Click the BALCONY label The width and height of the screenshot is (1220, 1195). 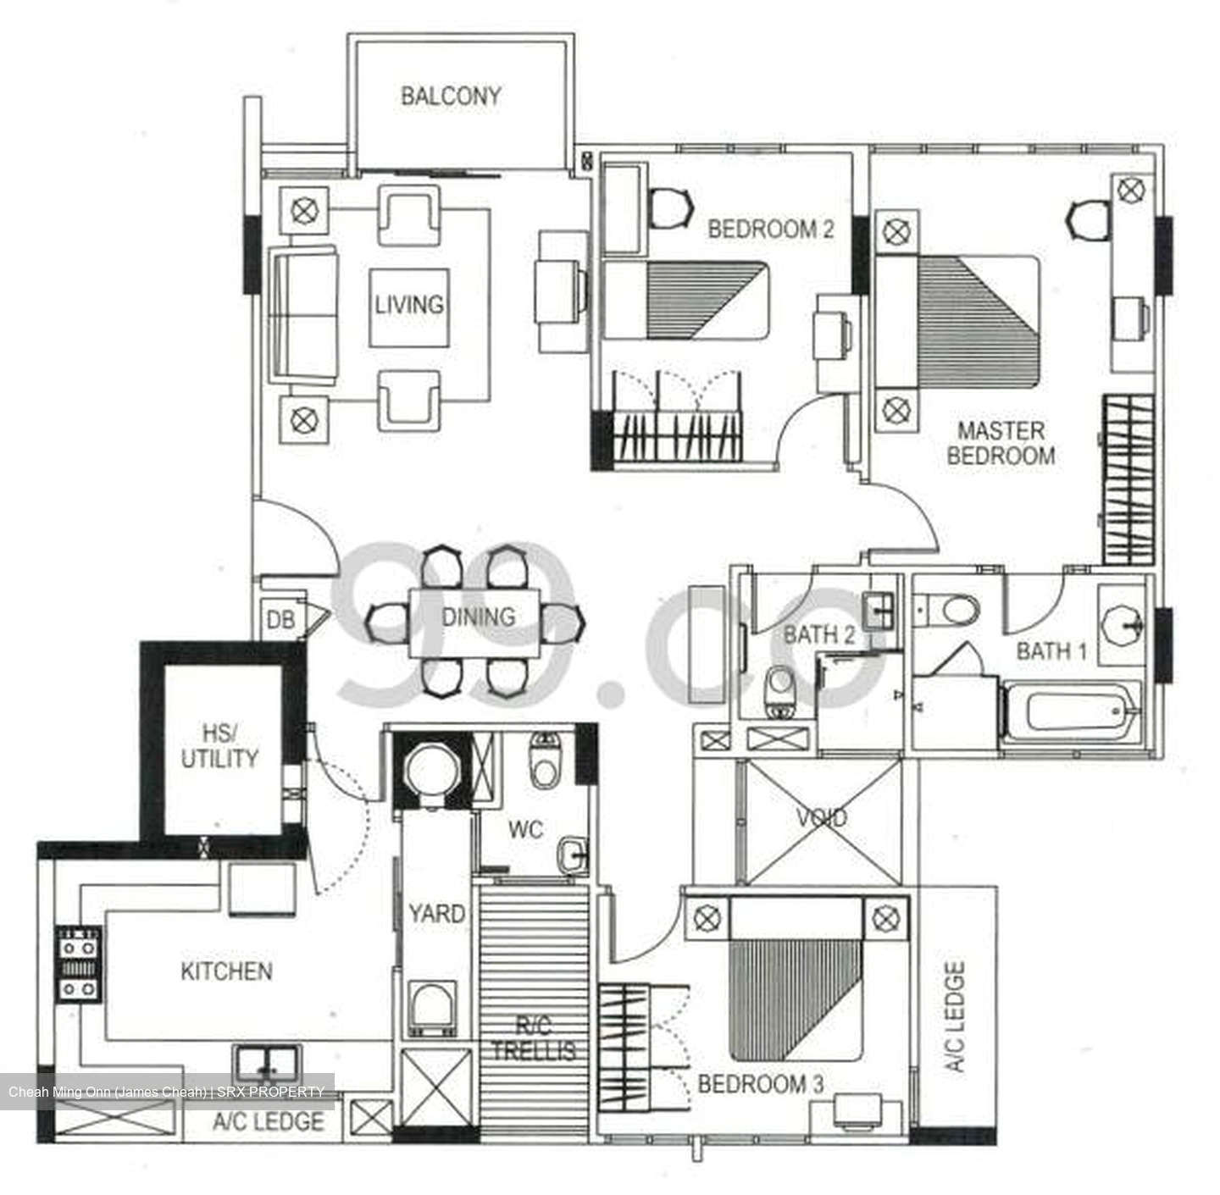tap(451, 96)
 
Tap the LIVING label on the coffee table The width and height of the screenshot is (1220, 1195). tap(409, 305)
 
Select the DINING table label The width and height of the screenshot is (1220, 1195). tap(478, 617)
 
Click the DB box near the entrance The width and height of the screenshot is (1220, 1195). tap(280, 619)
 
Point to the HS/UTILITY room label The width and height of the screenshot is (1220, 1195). tap(219, 746)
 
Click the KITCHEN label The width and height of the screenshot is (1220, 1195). tap(227, 971)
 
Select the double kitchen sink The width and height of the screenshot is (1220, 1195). tap(266, 1064)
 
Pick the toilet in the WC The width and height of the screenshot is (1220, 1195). tap(544, 761)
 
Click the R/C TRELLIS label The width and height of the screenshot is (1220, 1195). tap(534, 1038)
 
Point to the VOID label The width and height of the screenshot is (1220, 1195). tap(822, 818)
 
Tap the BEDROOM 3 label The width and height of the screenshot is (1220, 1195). tap(760, 1085)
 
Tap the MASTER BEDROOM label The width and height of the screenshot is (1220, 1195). tap(1001, 443)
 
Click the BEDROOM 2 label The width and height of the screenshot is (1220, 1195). tap(770, 229)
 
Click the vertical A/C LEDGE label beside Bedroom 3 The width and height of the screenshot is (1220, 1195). tap(955, 1016)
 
